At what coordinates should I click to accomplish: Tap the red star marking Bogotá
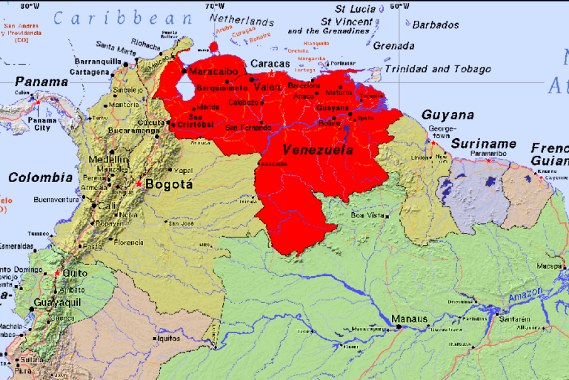[139, 183]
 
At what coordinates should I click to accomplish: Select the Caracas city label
[269, 64]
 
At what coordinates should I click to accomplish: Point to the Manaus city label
[409, 319]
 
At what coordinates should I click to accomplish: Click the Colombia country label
[40, 177]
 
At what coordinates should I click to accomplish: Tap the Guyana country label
[447, 115]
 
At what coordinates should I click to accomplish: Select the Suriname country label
[484, 143]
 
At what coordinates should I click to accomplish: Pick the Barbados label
[435, 24]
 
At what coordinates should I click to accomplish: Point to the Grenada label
[393, 46]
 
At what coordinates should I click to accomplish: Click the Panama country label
[41, 82]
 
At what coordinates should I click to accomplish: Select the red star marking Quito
[57, 272]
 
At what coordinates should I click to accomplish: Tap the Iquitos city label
[168, 338]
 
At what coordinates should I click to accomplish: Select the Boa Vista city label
[368, 215]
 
